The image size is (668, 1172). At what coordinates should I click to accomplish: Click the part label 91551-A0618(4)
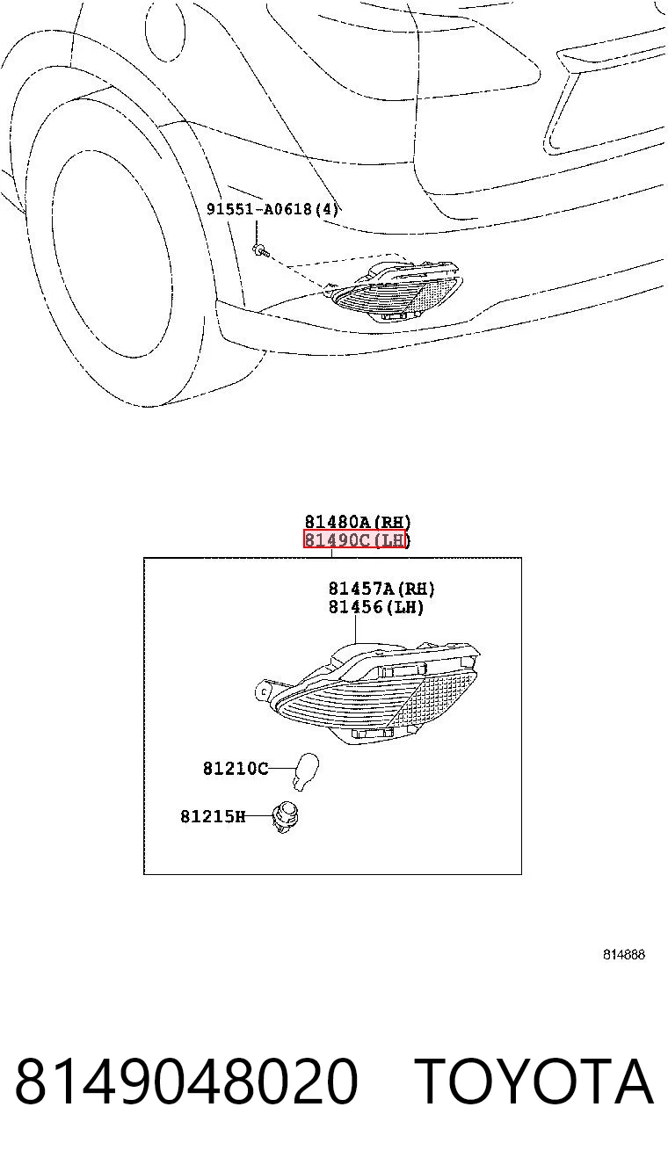point(272,209)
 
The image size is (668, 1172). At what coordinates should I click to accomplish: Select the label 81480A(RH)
point(358,522)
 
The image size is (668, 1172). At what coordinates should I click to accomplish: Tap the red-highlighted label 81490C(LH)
point(355,539)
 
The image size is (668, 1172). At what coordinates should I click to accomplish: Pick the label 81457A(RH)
point(381,589)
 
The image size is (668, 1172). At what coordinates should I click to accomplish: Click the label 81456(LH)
point(376,607)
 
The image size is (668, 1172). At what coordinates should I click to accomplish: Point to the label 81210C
point(236,769)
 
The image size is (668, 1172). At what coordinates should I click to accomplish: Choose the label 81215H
point(213,816)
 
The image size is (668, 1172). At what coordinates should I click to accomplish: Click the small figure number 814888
point(623,954)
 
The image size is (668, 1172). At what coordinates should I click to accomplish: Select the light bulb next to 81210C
point(305,770)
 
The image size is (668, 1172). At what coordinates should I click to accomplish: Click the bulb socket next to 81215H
point(284,817)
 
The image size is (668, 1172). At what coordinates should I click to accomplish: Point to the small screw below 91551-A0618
point(260,250)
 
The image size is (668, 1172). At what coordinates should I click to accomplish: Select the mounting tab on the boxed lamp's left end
point(265,691)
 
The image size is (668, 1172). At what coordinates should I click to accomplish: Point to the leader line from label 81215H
point(258,816)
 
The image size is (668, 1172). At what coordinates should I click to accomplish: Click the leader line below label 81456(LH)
point(356,629)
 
